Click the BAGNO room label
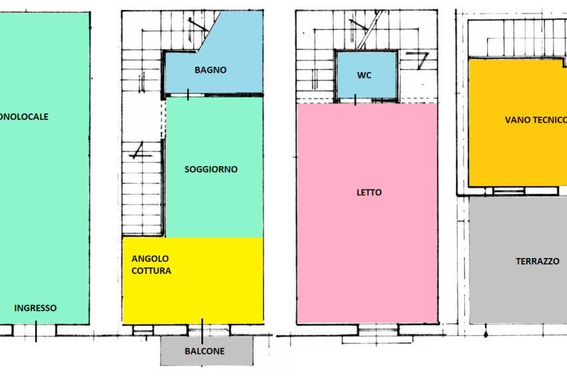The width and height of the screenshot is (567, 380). pyautogui.click(x=210, y=70)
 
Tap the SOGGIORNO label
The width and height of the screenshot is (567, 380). pyautogui.click(x=211, y=169)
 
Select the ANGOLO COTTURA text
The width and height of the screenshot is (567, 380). pyautogui.click(x=151, y=265)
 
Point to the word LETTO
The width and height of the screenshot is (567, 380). pyautogui.click(x=369, y=193)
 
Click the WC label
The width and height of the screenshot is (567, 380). pyautogui.click(x=364, y=75)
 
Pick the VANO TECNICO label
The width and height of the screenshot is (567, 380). pyautogui.click(x=536, y=120)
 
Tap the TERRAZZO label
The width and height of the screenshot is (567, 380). pyautogui.click(x=538, y=261)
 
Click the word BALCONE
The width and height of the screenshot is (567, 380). pyautogui.click(x=205, y=351)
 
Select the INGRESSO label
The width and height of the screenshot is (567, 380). pyautogui.click(x=35, y=308)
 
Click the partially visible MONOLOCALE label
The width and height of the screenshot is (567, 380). pyautogui.click(x=24, y=117)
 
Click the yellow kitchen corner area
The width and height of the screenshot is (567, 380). pyautogui.click(x=193, y=281)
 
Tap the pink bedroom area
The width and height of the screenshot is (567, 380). pyautogui.click(x=367, y=213)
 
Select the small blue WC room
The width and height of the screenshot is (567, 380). pyautogui.click(x=366, y=75)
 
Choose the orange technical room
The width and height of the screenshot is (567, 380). pyautogui.click(x=517, y=123)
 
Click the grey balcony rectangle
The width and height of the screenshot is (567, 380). pyautogui.click(x=207, y=351)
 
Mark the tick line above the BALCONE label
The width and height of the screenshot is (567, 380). pyautogui.click(x=202, y=331)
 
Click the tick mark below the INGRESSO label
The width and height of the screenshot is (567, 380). pyautogui.click(x=36, y=331)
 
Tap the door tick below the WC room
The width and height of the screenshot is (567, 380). pyautogui.click(x=355, y=100)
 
